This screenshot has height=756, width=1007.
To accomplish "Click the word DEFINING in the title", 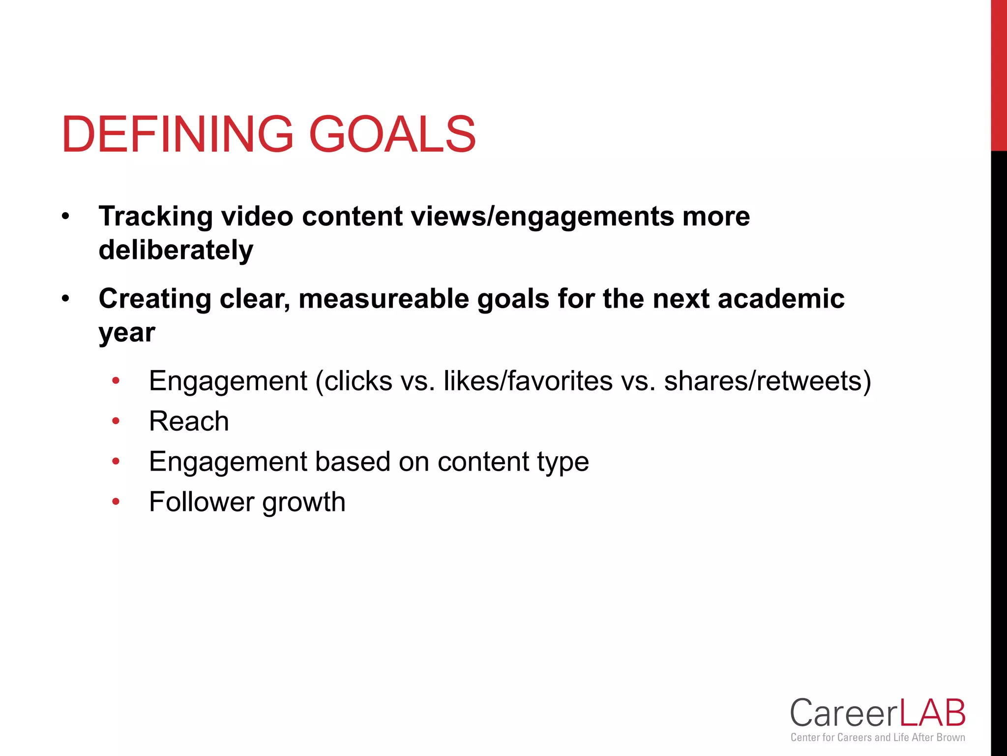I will (178, 134).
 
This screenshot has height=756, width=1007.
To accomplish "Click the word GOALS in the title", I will (392, 134).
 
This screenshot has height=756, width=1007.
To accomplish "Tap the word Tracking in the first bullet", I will (155, 217).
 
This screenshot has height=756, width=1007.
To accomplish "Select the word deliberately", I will (176, 250).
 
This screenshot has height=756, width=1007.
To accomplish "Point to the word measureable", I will (384, 299).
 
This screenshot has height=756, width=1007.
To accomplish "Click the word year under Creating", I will (127, 333).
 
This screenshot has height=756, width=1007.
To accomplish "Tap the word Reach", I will (189, 421).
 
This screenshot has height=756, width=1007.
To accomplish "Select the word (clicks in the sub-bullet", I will (354, 381).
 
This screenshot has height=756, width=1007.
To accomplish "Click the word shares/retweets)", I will (768, 381).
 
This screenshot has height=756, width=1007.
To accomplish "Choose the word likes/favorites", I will (528, 381).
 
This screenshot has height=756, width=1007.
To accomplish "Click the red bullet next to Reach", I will (116, 421).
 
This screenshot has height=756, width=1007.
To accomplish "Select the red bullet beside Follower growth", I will (116, 502).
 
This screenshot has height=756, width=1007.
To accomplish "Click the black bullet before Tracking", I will (66, 217).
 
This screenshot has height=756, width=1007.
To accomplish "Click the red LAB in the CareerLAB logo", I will (932, 713).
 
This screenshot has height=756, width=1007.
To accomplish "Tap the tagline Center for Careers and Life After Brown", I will (878, 737).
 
